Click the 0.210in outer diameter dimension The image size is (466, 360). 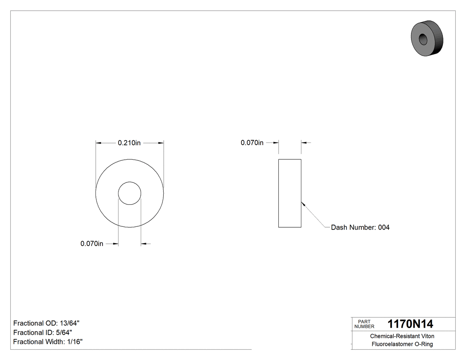[x=129, y=143]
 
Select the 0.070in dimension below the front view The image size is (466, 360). [x=92, y=244]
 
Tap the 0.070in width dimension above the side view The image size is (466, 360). [x=252, y=143]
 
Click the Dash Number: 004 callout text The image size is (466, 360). [x=360, y=227]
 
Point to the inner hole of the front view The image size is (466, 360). [x=130, y=193]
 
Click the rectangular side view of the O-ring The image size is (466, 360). [x=290, y=193]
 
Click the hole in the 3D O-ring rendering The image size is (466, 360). [x=423, y=40]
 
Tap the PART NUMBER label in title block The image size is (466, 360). [x=364, y=324]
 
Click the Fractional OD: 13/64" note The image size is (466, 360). [x=47, y=323]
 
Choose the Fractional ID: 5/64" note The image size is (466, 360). [x=43, y=332]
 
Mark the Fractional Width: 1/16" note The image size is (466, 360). [x=48, y=342]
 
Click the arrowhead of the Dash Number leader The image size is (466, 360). [x=303, y=204]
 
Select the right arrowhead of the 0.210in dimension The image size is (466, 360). [x=162, y=143]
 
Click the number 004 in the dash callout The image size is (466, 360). [x=383, y=227]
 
